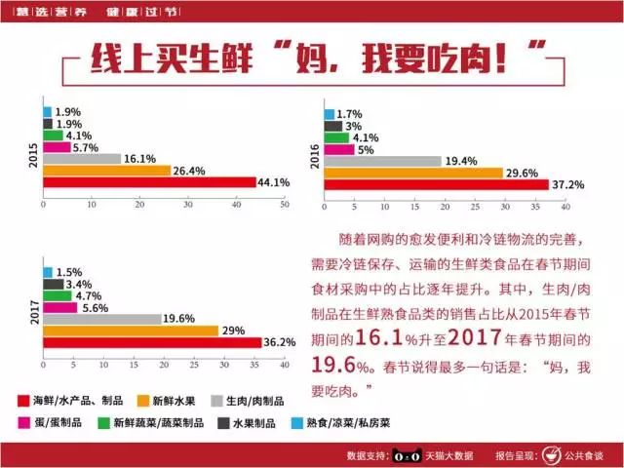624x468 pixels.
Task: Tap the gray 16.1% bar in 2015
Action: (x=82, y=159)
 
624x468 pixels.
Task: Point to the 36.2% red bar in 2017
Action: (x=152, y=341)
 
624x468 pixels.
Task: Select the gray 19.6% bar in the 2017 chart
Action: (x=102, y=319)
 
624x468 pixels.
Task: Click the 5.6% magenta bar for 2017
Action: (x=60, y=307)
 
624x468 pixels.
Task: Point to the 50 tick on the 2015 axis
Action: (x=285, y=205)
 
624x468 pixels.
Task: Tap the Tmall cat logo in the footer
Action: (x=406, y=454)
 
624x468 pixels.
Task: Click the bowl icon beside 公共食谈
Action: (x=553, y=454)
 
